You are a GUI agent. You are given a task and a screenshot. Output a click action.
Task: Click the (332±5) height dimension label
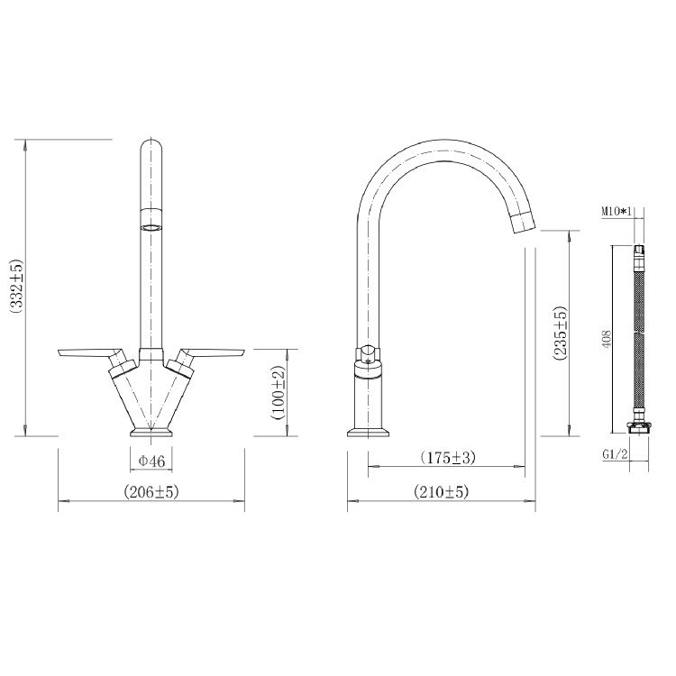tap(15, 287)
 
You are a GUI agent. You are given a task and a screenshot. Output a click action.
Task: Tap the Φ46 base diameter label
tap(151, 461)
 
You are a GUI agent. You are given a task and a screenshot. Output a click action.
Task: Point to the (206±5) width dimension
tap(152, 492)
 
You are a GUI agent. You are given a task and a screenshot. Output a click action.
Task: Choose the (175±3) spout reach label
tap(448, 458)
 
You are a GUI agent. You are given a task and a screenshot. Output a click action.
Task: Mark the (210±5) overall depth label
tap(442, 492)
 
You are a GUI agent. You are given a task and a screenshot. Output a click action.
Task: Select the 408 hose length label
tap(607, 339)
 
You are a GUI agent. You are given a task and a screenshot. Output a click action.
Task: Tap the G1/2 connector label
tap(615, 453)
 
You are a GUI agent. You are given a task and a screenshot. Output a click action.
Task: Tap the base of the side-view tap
tap(370, 431)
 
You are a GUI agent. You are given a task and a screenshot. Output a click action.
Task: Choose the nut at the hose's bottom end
tap(640, 426)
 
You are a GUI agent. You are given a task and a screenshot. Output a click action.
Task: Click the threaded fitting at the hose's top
tap(640, 252)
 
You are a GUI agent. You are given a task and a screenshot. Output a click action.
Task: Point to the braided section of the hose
tap(640, 339)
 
